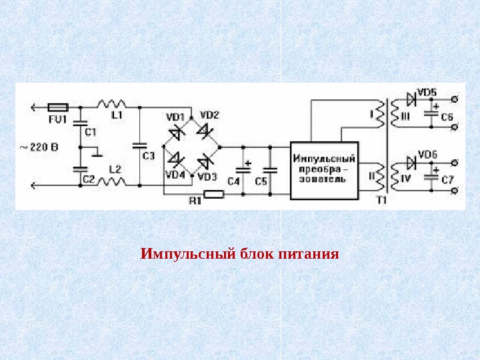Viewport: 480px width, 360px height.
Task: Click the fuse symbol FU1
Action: [x=59, y=106]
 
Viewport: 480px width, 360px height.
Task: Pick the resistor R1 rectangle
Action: [x=213, y=195]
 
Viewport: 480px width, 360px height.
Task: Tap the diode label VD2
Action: [x=209, y=114]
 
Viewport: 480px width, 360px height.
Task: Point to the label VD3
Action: [x=208, y=177]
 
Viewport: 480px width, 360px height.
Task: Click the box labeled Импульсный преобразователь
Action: [x=324, y=170]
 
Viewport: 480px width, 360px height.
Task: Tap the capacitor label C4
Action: [x=233, y=181]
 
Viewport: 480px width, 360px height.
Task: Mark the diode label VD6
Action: [x=427, y=155]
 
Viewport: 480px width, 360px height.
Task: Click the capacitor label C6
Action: [x=447, y=117]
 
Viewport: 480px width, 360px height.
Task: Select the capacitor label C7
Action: [x=447, y=180]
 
